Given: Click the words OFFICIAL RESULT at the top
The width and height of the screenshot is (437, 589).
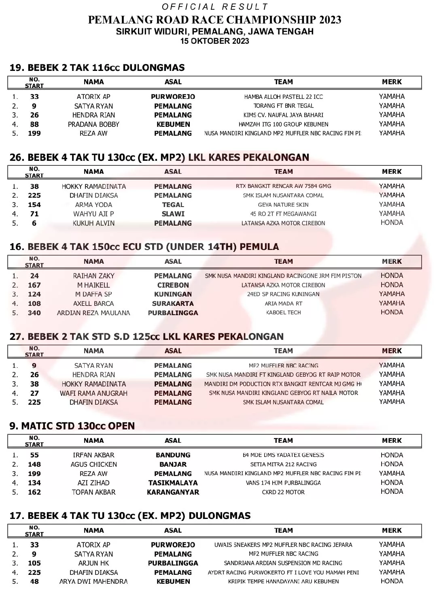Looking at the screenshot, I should [x=215, y=7].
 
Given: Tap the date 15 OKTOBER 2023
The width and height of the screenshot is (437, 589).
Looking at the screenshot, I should [x=214, y=41].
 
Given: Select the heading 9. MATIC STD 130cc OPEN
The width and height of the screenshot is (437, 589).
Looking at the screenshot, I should [x=72, y=426].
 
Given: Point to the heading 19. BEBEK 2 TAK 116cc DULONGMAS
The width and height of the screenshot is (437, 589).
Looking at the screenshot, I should [x=97, y=68].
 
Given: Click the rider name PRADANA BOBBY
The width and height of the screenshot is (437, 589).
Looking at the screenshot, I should [x=93, y=124].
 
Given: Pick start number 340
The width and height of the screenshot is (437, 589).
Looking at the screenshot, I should [x=34, y=313].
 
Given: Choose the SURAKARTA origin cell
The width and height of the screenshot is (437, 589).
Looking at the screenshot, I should [x=173, y=303].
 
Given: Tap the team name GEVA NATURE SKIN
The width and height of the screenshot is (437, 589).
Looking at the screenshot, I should [x=283, y=205].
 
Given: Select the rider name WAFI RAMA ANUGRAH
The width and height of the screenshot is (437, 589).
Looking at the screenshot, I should [x=93, y=393].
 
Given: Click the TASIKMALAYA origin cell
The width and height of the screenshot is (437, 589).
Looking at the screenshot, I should [x=173, y=483].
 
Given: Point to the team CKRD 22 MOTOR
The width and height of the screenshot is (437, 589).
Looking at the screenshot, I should [x=283, y=492].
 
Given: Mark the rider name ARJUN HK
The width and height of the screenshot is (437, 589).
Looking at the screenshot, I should [x=93, y=563].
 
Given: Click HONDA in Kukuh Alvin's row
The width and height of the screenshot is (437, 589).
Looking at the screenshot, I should [x=392, y=223].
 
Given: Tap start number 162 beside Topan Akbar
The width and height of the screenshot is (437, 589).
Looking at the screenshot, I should [x=34, y=492].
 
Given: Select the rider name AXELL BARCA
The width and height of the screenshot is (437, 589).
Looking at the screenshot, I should [x=93, y=303].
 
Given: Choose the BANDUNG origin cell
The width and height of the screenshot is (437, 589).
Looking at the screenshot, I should [x=173, y=455].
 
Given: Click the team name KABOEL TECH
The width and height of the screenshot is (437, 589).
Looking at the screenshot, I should [x=283, y=313].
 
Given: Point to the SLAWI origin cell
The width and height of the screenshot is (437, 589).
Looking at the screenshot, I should [x=173, y=214].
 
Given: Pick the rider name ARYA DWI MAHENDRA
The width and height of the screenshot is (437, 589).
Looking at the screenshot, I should [x=93, y=581].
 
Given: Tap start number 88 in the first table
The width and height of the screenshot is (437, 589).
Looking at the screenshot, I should [x=34, y=124].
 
